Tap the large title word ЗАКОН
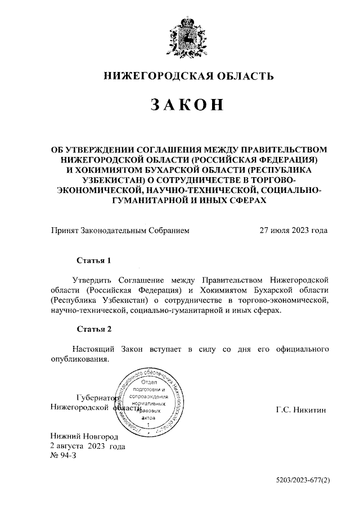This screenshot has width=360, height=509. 188,105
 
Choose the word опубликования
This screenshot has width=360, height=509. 79,359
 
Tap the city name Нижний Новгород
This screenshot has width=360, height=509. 84,436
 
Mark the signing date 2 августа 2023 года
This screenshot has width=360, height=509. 88,446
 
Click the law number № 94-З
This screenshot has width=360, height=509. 63,456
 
